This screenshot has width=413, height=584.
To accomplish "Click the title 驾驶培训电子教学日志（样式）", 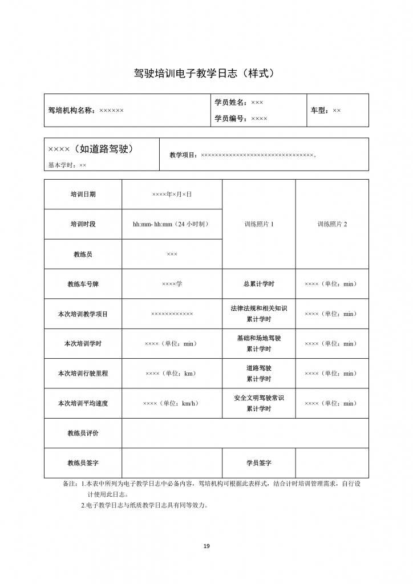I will pos(206,74).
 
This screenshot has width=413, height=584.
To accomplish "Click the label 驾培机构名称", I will pos(71,110).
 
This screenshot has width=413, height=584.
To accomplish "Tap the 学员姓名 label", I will pos(230,102).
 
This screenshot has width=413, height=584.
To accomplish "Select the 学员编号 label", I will pos(230,119).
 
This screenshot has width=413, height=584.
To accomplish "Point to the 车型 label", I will pos(319,110).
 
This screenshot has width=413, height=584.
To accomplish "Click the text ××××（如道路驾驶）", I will pos(91,149).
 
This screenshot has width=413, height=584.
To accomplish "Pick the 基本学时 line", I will pos(67,165).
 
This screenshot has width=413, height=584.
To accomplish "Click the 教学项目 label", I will pos(183,155).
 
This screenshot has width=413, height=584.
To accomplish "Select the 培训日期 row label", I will pos(83,194).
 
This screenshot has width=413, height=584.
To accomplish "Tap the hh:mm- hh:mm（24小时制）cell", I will pos(171,224).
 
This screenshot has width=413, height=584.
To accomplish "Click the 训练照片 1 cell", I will pos(258,224).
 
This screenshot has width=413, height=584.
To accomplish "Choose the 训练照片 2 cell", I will pos(332,224).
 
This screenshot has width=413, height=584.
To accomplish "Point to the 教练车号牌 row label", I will pos(83,284).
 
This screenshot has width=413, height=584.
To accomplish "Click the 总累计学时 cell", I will pos(258,284).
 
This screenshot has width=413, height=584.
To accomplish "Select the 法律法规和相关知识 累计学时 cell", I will pos(258,314).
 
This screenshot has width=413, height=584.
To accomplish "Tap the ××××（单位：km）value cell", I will pos(171,374).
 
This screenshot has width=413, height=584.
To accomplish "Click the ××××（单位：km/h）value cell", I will pos(171,403).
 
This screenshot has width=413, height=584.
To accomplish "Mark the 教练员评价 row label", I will pos(83,433).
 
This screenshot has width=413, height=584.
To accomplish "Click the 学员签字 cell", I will pos(258,463).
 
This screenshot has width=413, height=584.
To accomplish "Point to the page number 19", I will pos(206,546).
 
